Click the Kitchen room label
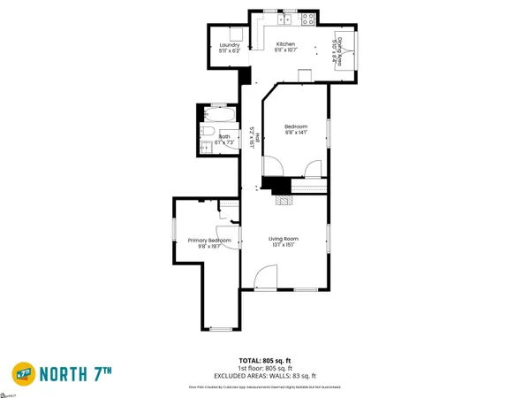coord(285,44)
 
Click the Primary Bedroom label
coord(209,241)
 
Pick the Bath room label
coord(212,136)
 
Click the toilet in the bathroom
coord(204,131)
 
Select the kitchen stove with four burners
coord(309,19)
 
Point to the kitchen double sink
coord(287,19)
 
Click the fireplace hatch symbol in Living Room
coord(284,201)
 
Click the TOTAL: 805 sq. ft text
coord(265,360)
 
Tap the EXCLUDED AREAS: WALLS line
coord(265,375)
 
